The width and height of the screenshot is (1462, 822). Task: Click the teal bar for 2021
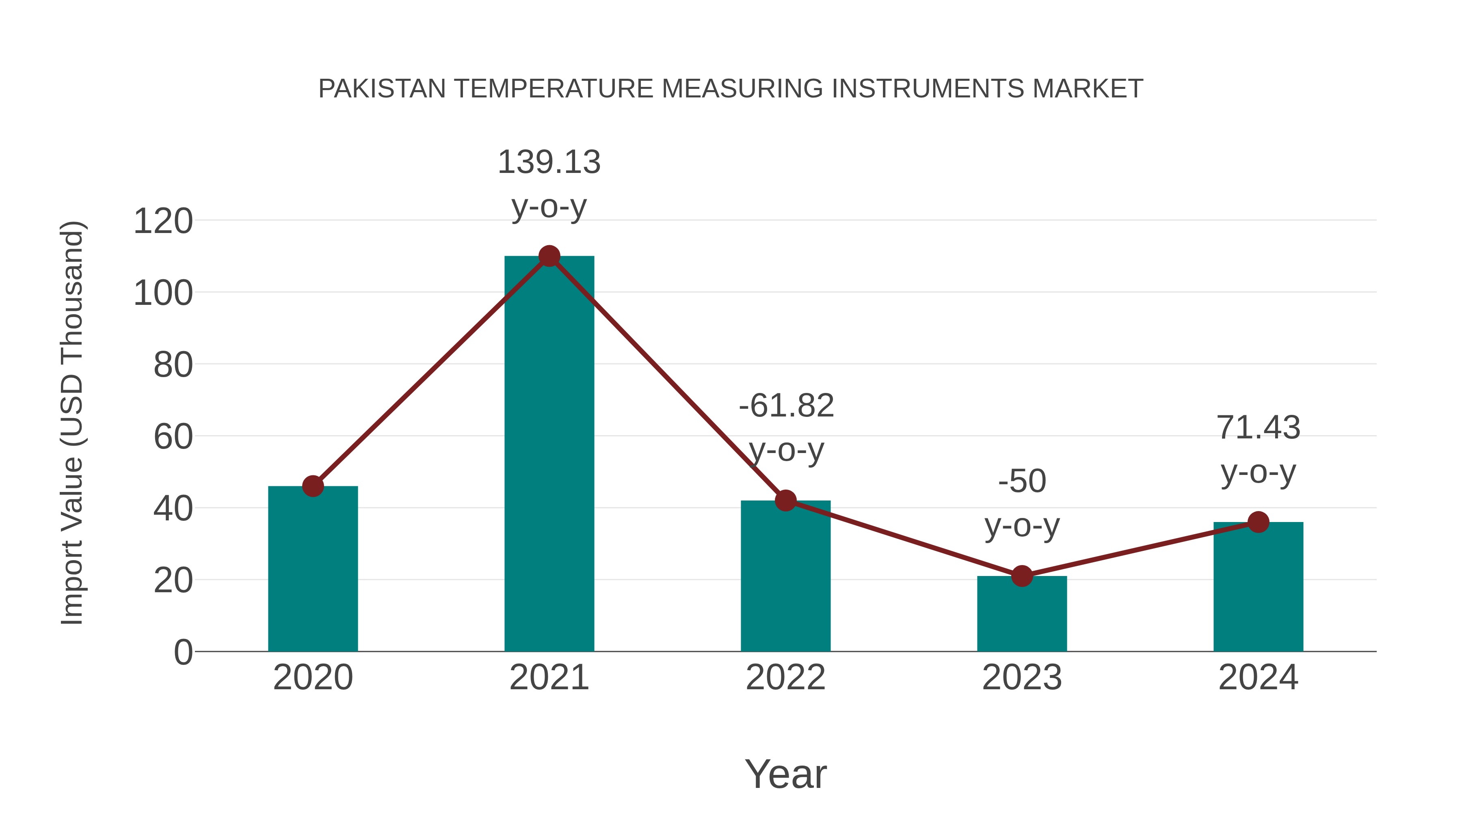549,454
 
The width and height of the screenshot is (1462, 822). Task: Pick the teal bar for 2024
1258,587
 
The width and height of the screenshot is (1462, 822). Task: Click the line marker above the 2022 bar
785,501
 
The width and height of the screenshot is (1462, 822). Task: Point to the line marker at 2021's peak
549,257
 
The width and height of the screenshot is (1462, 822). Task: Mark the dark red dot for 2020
313,486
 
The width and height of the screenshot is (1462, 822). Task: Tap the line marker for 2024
1258,522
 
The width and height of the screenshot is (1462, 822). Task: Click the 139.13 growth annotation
549,162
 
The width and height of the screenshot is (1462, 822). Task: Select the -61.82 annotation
786,406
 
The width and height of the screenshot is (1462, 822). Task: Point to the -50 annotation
1022,481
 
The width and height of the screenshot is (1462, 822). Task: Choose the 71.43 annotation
1258,428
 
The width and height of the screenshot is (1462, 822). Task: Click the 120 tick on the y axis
163,221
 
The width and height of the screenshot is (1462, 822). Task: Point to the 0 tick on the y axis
183,652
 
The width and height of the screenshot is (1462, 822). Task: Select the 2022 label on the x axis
785,677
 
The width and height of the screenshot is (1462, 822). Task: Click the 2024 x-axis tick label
1258,677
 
